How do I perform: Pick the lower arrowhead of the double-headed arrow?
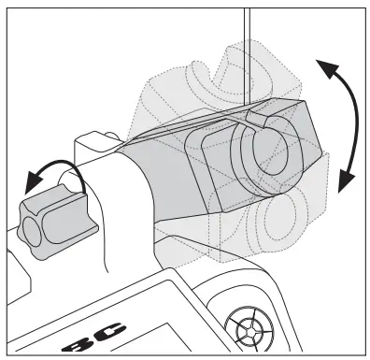347,180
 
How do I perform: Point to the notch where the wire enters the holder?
254,120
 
